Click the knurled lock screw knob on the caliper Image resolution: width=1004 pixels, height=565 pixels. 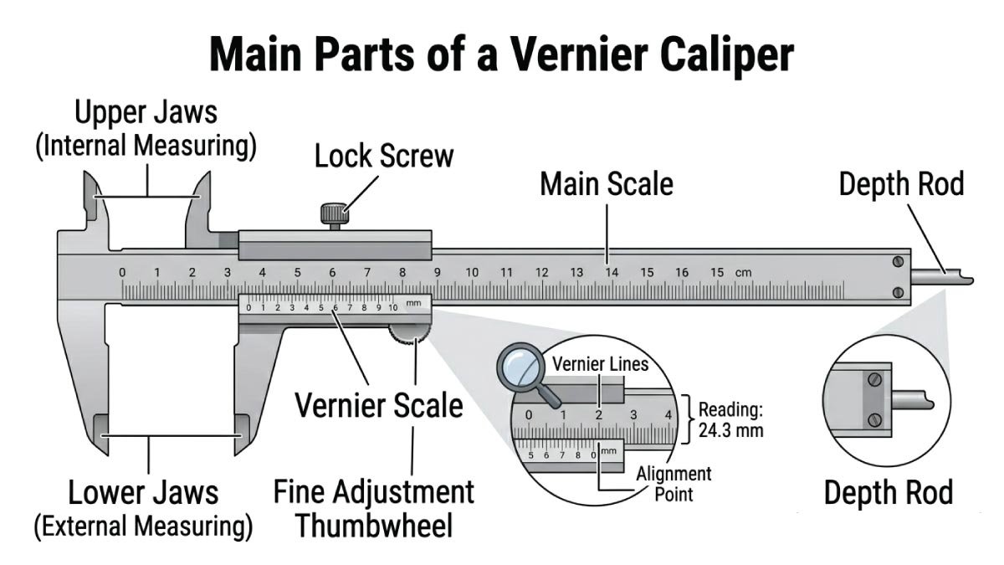(332, 213)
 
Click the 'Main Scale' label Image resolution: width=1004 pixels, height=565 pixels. (606, 184)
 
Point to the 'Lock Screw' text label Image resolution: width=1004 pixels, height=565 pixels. (384, 157)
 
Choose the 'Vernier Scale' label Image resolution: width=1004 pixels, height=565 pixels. (379, 406)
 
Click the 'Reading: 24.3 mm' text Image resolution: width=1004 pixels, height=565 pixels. (730, 420)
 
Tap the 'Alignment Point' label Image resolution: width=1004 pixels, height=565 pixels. (674, 484)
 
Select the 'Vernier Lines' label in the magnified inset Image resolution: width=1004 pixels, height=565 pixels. (600, 365)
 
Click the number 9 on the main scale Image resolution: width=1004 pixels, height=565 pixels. (437, 273)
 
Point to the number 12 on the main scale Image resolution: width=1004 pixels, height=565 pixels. (542, 273)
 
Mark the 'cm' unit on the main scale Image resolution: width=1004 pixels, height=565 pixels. (743, 273)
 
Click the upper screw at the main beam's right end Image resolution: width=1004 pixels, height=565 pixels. (897, 261)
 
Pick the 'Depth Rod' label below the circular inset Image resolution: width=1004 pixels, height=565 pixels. (888, 493)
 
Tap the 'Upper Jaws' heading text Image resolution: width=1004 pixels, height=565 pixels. (146, 113)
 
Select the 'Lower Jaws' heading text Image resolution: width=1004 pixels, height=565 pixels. (143, 492)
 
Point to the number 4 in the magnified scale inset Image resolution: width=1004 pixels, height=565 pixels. (667, 414)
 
